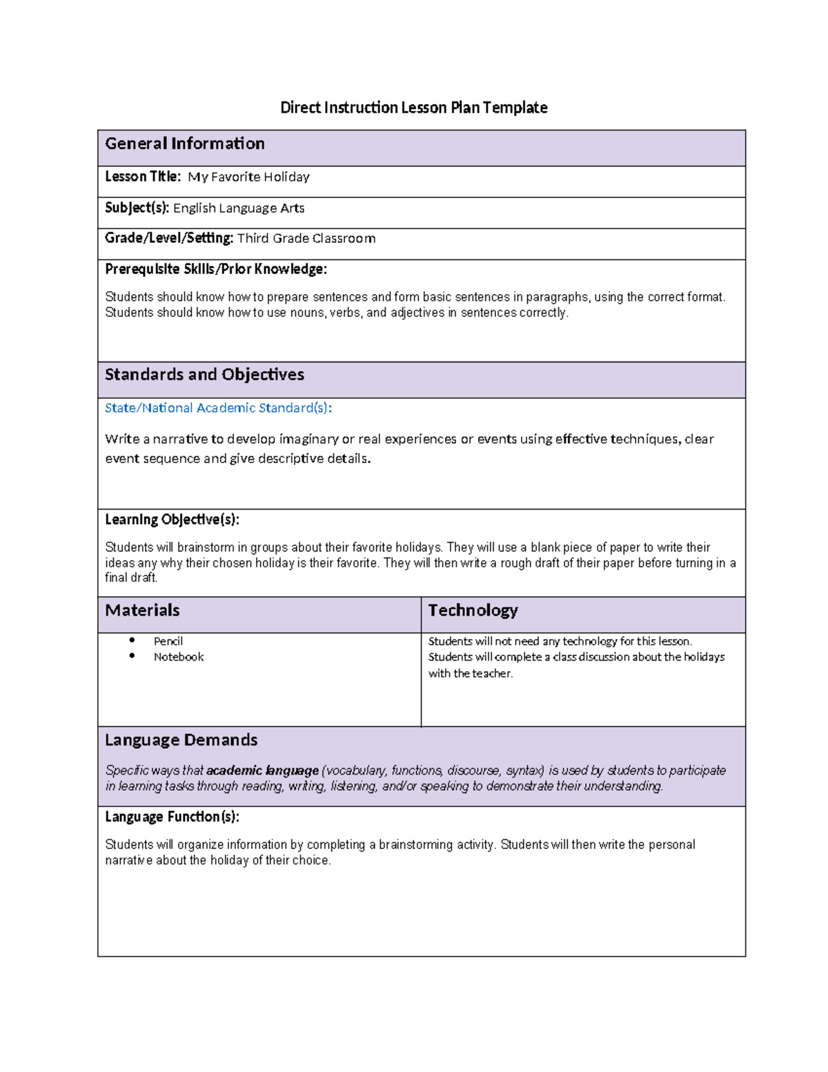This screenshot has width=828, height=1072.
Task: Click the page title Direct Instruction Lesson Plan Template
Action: tap(413, 108)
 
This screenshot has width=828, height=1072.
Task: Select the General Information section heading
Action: tap(185, 144)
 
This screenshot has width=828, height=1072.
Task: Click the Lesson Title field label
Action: tap(142, 177)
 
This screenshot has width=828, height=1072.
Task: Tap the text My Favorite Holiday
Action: tap(248, 177)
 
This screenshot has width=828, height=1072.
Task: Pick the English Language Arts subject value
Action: tap(239, 208)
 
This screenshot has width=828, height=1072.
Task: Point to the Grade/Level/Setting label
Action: tap(169, 238)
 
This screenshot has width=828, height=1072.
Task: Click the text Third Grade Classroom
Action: tap(306, 239)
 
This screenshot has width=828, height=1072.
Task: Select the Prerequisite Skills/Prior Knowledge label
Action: tap(216, 269)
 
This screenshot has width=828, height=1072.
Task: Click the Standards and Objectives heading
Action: tap(204, 375)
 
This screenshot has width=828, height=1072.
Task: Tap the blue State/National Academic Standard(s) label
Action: tap(218, 408)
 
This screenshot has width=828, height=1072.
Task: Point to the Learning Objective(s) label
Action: tap(172, 519)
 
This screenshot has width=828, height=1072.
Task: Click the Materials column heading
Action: tap(142, 610)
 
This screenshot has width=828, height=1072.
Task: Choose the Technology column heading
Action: tap(473, 610)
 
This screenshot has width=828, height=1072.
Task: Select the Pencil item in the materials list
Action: tap(168, 641)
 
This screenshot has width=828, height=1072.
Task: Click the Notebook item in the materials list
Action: tap(179, 657)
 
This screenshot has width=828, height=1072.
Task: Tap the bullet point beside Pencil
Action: tap(132, 641)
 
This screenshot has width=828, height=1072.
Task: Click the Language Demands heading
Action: tap(181, 740)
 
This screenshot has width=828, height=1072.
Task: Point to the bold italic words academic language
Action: tap(262, 770)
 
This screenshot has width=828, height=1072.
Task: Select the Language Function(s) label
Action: tap(172, 817)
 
